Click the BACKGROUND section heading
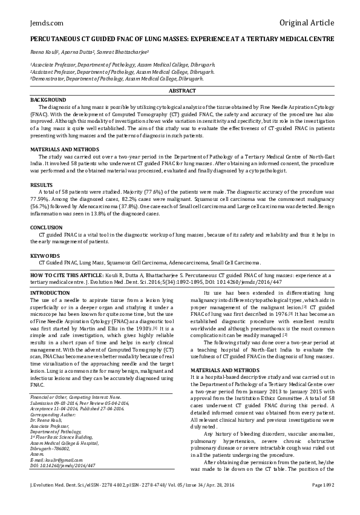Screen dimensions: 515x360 48,99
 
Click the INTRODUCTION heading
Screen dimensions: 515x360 50,293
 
